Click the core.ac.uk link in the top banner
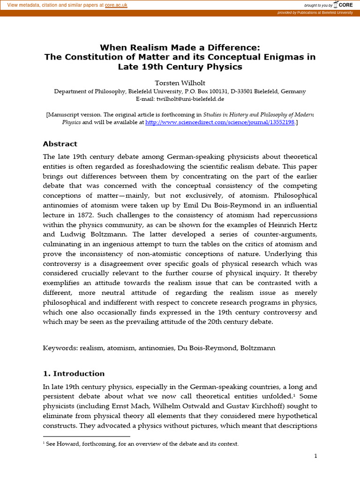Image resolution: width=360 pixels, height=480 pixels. (116, 5)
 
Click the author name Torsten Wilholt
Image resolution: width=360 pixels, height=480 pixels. (180, 83)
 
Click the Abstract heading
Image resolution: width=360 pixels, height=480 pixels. (60, 144)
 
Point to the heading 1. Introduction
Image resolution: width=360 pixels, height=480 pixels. (74, 374)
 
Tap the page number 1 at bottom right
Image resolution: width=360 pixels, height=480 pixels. (315, 456)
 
